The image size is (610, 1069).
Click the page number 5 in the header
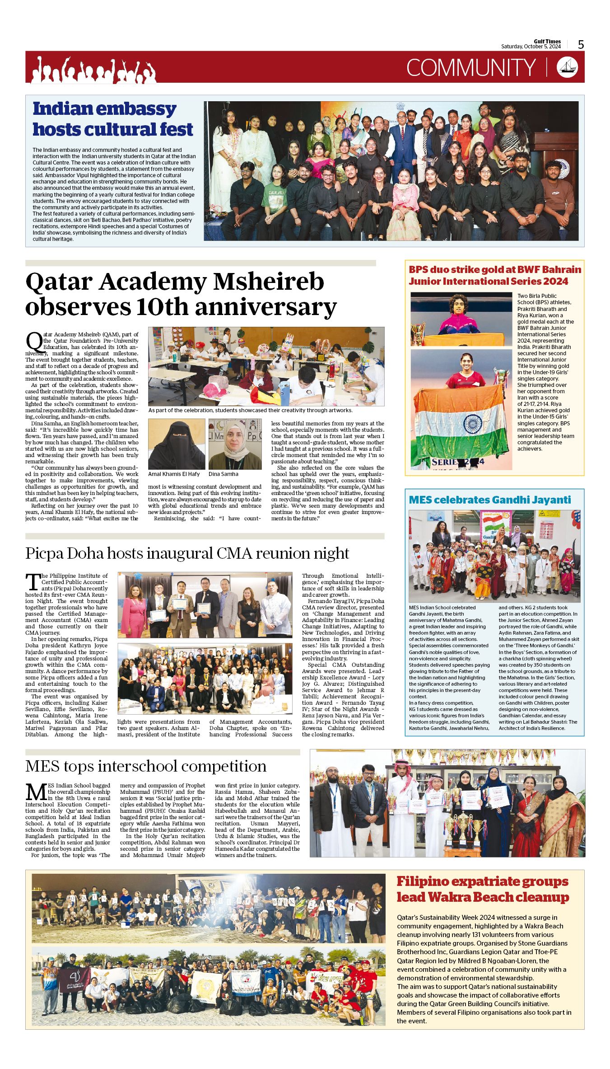point(581,45)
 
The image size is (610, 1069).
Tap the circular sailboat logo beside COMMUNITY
point(567,67)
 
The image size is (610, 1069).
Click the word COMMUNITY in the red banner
point(470,68)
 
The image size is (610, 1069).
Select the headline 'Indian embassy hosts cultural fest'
point(113,119)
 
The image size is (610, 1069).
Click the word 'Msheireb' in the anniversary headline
point(269,282)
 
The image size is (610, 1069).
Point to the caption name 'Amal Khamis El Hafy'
point(174,474)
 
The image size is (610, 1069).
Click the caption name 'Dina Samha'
point(223,474)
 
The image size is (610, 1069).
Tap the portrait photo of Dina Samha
point(235,444)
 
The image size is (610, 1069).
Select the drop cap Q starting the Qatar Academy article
point(34,342)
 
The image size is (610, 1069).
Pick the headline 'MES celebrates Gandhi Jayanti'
point(490,499)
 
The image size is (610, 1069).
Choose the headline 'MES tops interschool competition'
point(146,766)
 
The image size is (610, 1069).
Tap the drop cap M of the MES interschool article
point(36,791)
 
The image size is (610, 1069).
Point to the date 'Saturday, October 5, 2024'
point(531,47)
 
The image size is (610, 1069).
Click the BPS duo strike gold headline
point(495,275)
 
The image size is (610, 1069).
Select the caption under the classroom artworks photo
point(250,410)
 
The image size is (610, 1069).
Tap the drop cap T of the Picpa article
point(33,582)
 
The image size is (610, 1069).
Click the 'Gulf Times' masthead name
point(547,41)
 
